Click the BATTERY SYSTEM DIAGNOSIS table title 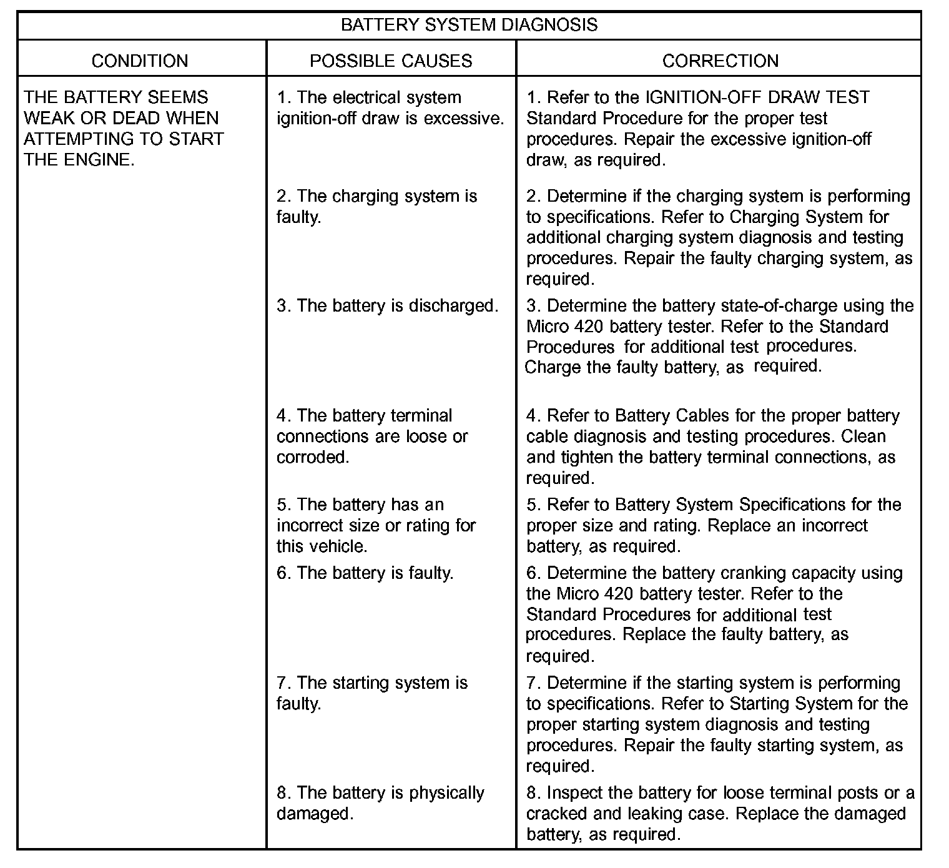click(x=469, y=25)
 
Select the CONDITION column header click(x=140, y=61)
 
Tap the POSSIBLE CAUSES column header click(x=391, y=61)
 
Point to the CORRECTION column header click(x=720, y=61)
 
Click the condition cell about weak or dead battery click(x=124, y=128)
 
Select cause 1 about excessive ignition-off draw click(x=390, y=107)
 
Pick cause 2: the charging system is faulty click(x=376, y=206)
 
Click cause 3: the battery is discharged click(x=388, y=305)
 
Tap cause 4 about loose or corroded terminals click(x=372, y=436)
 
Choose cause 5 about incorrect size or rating click(x=376, y=525)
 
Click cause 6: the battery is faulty click(x=365, y=573)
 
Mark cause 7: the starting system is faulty click(x=372, y=693)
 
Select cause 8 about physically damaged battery click(x=380, y=802)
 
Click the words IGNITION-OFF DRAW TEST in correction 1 click(x=757, y=97)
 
